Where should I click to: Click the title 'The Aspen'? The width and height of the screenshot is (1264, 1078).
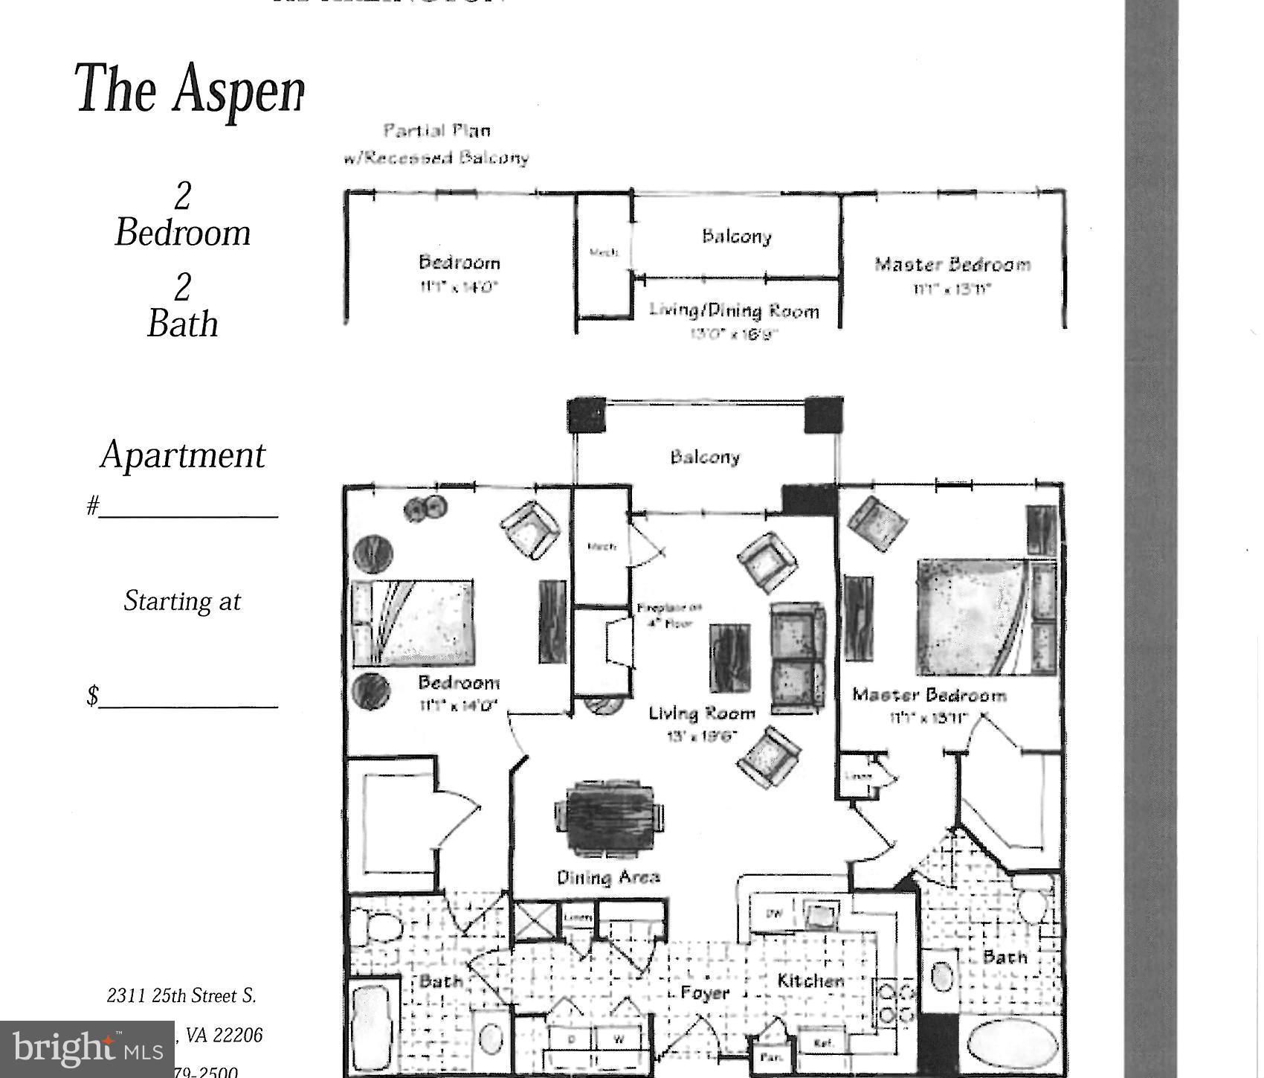[x=190, y=89]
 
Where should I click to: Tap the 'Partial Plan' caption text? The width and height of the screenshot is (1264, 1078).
[x=436, y=131]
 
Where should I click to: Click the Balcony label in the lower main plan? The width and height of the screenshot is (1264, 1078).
[x=705, y=457]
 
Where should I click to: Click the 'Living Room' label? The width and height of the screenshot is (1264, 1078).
[x=701, y=713]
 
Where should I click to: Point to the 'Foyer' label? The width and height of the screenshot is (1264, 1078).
[x=704, y=993]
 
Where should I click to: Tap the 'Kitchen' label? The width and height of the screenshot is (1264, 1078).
[x=810, y=981]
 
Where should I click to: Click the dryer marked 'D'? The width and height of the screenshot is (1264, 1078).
[x=572, y=1039]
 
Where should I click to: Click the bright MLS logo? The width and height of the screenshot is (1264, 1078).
[x=87, y=1049]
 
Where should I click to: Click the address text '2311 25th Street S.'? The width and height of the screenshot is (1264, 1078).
[x=181, y=995]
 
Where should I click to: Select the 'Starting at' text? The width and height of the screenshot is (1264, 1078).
[x=182, y=601]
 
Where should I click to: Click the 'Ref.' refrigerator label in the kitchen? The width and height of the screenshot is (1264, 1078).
[x=822, y=1042]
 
